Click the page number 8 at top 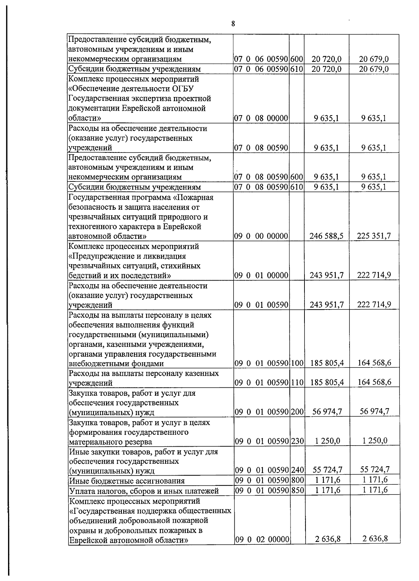(233, 24)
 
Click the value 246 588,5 (326, 236)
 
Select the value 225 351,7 (374, 236)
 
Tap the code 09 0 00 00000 (261, 236)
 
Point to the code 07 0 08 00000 (261, 118)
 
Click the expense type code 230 (297, 441)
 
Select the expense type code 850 (297, 490)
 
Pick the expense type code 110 (297, 382)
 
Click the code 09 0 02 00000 (261, 549)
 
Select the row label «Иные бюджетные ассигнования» (127, 481)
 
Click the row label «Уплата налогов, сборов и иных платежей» (144, 491)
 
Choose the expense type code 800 (297, 481)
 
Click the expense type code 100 (297, 363)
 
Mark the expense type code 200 (297, 412)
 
